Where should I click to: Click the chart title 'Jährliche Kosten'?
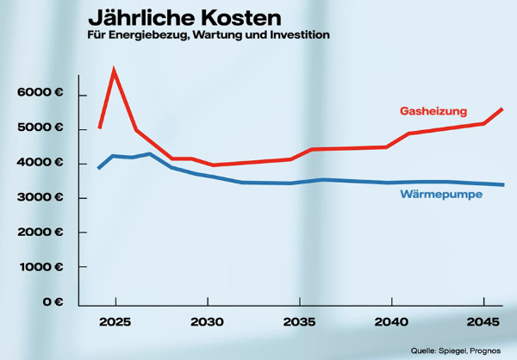[x=184, y=17]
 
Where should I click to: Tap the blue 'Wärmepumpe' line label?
[x=440, y=195]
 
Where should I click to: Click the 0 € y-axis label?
[x=53, y=302]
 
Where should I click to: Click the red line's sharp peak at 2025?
[x=114, y=71]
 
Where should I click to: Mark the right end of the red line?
[x=502, y=109]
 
